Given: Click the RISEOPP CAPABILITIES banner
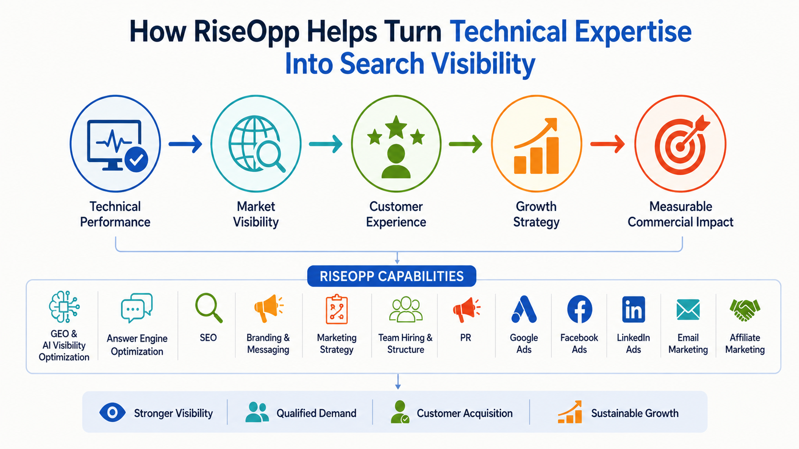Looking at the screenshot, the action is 391,276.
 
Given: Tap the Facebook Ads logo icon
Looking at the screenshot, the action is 579,309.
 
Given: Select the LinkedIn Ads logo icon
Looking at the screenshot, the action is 634,309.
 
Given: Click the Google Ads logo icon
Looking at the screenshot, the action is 524,309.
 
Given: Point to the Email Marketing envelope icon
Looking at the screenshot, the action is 688,309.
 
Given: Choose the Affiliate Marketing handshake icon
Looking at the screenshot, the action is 745,310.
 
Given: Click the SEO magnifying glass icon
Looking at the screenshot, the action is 209,308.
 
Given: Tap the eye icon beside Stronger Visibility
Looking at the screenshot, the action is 112,413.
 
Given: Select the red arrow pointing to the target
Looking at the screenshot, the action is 607,144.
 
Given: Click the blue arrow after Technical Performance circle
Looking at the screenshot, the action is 185,144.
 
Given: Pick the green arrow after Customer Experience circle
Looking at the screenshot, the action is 465,144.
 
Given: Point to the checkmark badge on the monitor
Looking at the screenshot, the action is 136,159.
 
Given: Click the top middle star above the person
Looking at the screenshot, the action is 396,127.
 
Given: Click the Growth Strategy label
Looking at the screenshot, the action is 536,214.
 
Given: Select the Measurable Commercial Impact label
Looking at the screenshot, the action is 680,214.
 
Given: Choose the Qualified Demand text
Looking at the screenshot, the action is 316,413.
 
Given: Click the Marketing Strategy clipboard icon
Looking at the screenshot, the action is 337,309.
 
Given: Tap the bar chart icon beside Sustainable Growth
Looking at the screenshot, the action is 570,412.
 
